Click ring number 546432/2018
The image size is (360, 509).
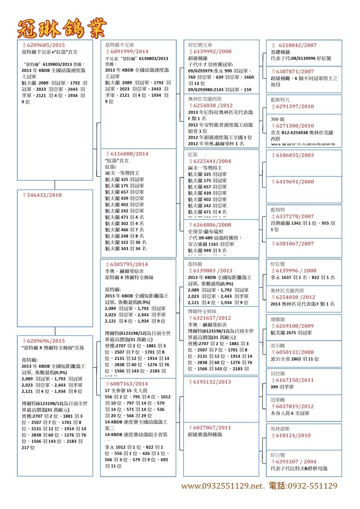44,195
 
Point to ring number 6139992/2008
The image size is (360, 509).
212,52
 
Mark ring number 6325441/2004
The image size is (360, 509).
212,162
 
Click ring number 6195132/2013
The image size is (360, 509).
212,382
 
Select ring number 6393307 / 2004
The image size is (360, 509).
296,461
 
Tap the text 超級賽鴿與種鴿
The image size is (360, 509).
205,434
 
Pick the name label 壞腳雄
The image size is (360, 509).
278,319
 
